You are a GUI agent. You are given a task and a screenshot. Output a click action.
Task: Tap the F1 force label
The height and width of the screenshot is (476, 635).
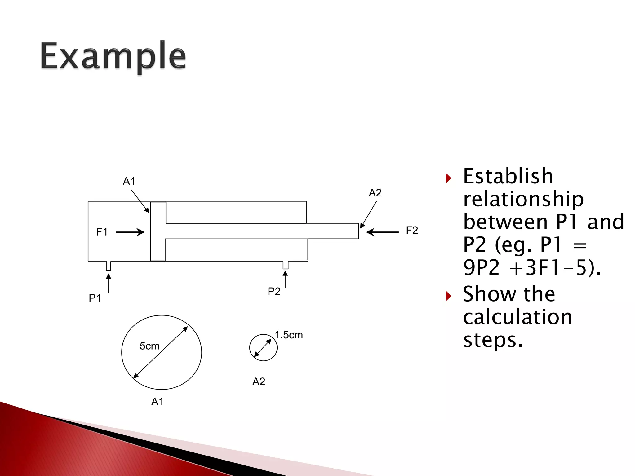coord(102,232)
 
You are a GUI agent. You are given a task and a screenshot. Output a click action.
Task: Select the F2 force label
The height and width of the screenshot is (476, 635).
coord(412,230)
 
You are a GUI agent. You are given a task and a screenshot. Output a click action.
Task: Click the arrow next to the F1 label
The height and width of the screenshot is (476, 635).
coord(130,232)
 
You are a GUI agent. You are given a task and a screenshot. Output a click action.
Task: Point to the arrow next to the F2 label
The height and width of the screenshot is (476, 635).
coord(382,232)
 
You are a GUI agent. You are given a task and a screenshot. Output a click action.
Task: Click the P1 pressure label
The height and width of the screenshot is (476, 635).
coord(95,298)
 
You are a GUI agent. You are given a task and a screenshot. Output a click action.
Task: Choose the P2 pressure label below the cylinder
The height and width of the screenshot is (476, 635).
coord(274,291)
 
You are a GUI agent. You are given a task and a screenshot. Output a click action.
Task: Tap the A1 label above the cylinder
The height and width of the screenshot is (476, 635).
coord(129,181)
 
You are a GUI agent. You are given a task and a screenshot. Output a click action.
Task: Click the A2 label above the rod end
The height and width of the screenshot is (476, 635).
coord(375,193)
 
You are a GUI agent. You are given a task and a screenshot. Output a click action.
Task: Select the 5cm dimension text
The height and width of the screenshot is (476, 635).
coord(149,346)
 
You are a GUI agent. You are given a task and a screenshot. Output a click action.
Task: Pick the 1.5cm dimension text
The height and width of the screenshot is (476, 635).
coord(289,335)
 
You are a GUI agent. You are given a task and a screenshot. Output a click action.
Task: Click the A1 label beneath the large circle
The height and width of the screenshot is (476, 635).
coord(157,402)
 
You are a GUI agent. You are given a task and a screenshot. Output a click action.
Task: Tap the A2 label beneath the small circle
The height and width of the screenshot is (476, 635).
coord(259,381)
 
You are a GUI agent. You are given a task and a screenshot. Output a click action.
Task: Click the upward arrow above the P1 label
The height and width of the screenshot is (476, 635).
coord(109,283)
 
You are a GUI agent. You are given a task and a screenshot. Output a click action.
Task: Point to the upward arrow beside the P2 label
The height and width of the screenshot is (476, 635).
coord(285,279)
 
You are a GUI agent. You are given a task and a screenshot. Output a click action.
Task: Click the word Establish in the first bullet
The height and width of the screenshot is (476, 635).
coord(508,176)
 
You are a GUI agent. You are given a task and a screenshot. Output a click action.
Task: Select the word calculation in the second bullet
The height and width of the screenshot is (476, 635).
coord(517,317)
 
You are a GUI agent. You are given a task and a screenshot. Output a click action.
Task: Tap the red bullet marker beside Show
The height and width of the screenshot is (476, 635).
coord(448,296)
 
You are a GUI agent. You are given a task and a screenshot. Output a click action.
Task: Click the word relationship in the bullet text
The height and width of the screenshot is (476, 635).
coord(523,199)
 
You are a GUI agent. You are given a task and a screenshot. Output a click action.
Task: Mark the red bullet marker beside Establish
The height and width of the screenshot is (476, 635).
coord(448,178)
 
